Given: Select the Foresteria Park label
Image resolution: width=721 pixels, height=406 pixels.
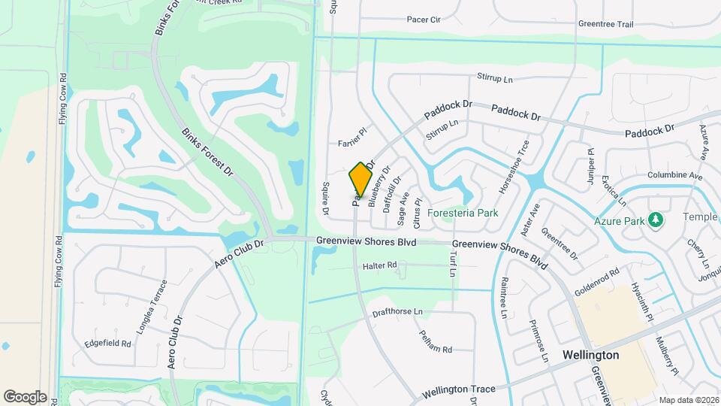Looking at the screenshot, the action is pos(463,214).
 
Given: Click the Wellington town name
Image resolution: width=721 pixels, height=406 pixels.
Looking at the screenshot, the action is pos(590,355).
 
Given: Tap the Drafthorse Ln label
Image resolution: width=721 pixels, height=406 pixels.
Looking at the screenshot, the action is pos(397,311).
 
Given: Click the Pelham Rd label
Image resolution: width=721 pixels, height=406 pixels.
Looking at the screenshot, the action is pos(436,342).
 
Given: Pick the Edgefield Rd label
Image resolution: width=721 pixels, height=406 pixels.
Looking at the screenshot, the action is pos(108,343).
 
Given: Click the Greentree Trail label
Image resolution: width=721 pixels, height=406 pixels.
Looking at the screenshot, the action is pos(606,24).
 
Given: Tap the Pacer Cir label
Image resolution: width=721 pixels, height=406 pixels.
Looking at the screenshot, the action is pos(423,20).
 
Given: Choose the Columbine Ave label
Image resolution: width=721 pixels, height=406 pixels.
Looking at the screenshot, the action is pos(674,176).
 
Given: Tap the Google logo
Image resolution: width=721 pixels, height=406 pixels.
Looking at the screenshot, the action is pos(25,396).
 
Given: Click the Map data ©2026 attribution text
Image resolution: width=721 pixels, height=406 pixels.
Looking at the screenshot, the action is pos(688,399).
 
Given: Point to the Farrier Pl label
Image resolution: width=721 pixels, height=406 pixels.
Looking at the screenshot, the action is pos(352,136).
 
